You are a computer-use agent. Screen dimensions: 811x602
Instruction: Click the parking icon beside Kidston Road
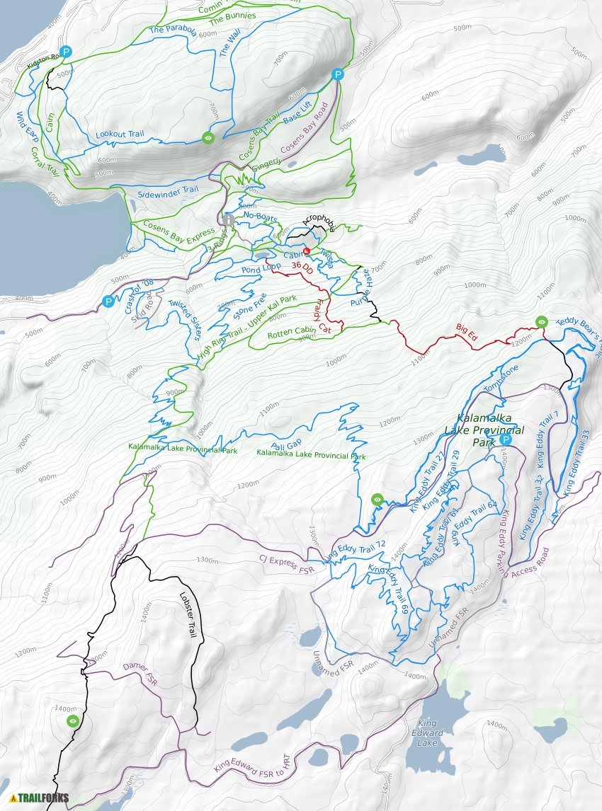[66, 52]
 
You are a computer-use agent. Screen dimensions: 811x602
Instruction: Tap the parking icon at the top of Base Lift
[339, 74]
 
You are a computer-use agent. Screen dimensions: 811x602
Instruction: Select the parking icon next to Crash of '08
[108, 301]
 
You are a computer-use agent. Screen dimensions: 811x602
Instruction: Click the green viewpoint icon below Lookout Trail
[208, 138]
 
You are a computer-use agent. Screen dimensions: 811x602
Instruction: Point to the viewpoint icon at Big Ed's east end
[542, 322]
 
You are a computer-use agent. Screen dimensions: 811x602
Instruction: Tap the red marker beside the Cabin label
[307, 251]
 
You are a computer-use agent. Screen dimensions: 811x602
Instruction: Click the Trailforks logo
[39, 798]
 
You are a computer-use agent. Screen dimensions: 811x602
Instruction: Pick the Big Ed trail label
[466, 333]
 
